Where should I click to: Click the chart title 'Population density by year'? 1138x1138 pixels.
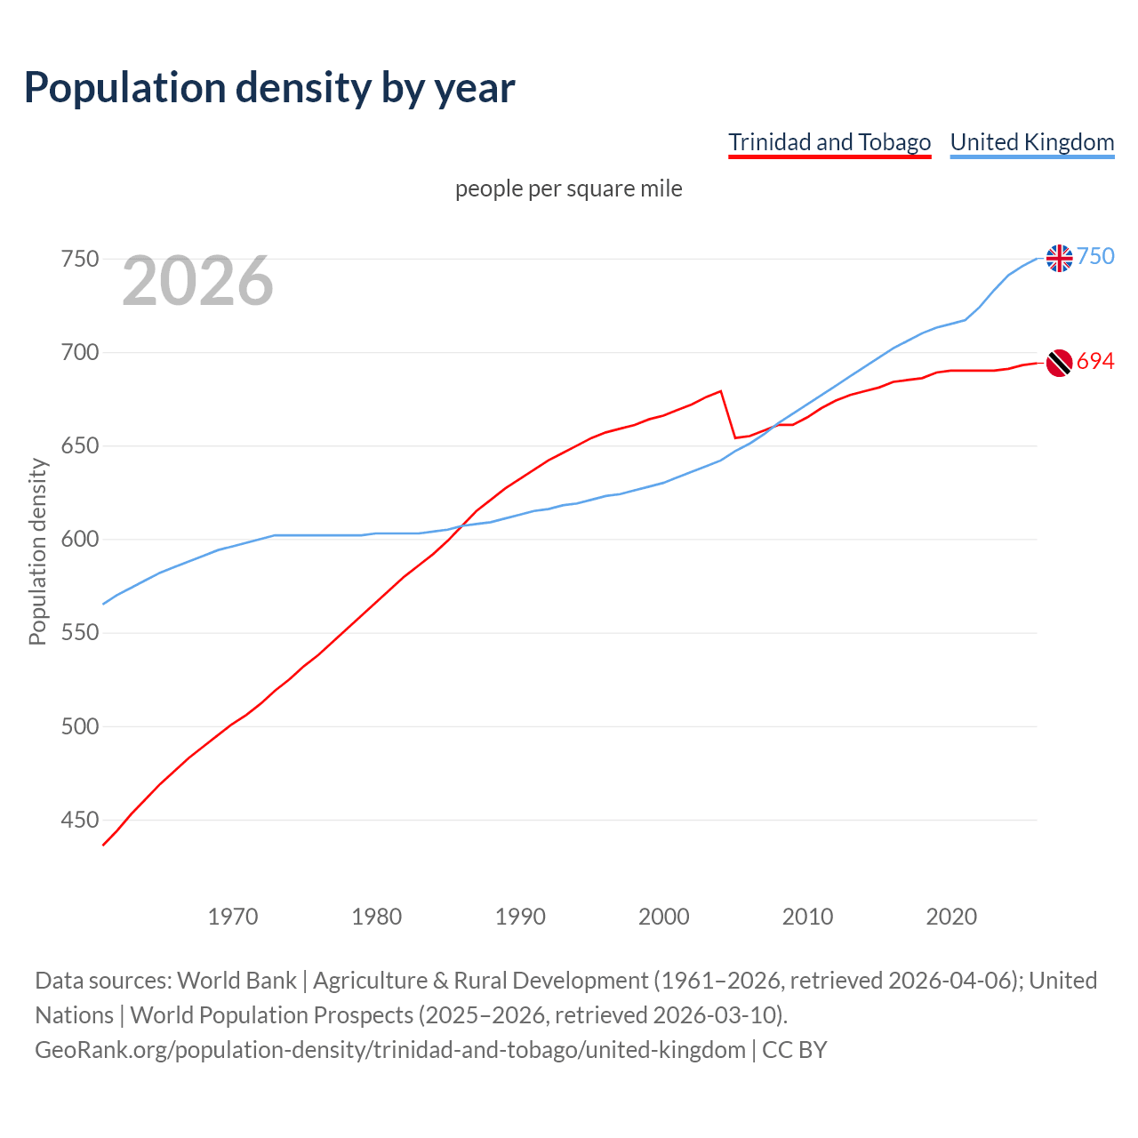269,88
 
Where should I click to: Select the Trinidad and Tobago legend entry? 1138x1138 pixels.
829,142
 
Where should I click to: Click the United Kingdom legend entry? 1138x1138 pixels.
1031,142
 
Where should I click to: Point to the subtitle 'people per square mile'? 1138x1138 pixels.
568,188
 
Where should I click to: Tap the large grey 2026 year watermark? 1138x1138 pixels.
197,281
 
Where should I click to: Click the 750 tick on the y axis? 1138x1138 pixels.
79,259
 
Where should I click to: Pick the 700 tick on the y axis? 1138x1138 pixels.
79,352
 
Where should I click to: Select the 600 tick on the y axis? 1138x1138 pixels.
79,540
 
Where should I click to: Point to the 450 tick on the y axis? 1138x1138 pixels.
79,820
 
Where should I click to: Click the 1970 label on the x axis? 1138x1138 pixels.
233,916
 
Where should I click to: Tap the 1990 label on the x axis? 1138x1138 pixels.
520,916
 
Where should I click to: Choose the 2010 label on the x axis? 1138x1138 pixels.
807,916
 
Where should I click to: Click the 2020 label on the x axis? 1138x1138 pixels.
951,916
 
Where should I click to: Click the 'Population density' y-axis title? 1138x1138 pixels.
37,551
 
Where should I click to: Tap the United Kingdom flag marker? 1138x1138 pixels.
1059,258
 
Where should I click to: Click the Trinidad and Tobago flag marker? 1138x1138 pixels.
1059,363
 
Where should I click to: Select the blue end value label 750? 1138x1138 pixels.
1095,256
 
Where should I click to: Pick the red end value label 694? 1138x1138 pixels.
1095,361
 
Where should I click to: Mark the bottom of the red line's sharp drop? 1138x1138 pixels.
735,437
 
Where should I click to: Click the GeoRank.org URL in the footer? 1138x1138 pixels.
389,1050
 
